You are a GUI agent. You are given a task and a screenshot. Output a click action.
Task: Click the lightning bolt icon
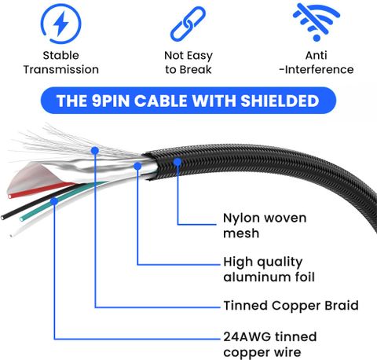[x=60, y=24]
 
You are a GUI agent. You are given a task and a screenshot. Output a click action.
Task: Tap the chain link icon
[x=188, y=24]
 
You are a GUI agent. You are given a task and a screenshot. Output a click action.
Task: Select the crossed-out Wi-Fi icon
[x=317, y=22]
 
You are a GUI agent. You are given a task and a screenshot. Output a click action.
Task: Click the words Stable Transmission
[x=61, y=63]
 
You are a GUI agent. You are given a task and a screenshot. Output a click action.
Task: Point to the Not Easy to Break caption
[x=188, y=63]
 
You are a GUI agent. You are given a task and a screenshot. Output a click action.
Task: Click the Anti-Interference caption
[x=317, y=63]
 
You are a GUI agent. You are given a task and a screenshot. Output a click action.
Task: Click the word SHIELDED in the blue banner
[x=280, y=101]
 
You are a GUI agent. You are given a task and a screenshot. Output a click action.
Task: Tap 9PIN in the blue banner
[x=111, y=101]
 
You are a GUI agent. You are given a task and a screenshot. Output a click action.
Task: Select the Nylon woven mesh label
[x=265, y=226]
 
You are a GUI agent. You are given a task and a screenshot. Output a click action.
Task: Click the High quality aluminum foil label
[x=269, y=270]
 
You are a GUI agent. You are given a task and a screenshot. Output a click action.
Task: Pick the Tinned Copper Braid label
[x=291, y=306]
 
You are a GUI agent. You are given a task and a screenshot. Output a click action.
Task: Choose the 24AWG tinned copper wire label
[x=270, y=344]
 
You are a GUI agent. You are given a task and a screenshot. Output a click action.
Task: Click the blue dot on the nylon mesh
[x=178, y=162]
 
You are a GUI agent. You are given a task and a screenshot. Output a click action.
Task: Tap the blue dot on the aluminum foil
[x=137, y=166]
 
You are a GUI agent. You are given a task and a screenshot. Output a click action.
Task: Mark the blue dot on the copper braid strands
[x=95, y=151]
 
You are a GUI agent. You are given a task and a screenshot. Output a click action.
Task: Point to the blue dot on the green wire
[x=54, y=201]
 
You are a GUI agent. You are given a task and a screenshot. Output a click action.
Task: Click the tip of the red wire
[x=10, y=197]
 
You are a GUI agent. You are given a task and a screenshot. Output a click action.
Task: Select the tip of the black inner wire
[x=2, y=217]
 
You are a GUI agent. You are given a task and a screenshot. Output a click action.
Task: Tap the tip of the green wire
[x=21, y=219]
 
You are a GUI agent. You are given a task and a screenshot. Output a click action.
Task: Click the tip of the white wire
[x=11, y=236]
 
